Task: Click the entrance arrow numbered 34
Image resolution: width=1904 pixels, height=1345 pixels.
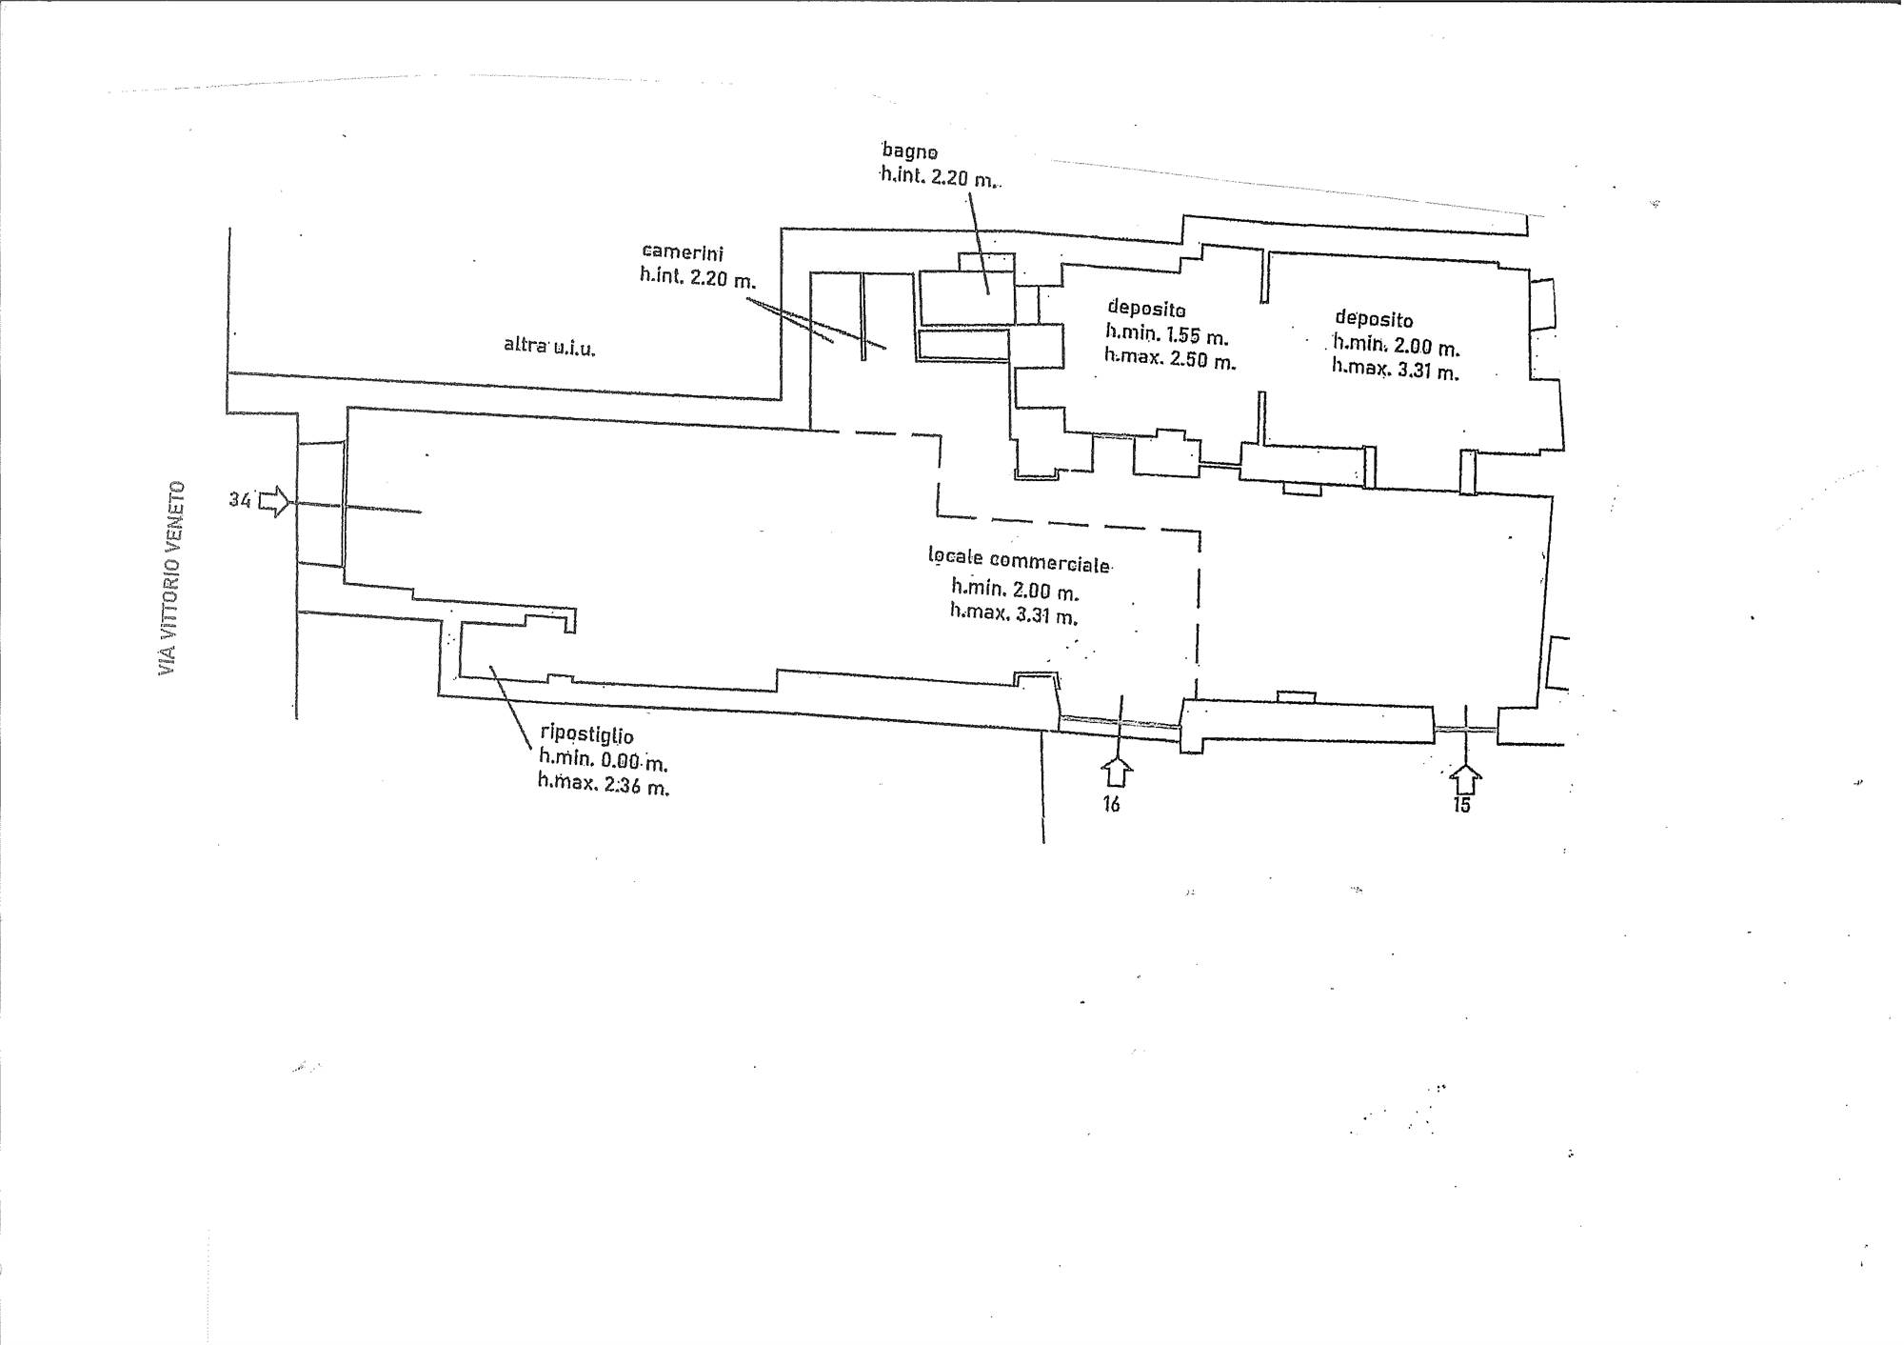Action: click(x=274, y=501)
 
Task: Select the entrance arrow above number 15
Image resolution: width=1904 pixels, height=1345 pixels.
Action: click(x=1466, y=778)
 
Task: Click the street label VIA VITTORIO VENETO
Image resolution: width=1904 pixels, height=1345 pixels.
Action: click(x=171, y=578)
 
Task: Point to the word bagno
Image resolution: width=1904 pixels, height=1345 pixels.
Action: click(x=910, y=151)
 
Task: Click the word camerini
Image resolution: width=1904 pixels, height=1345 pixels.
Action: click(x=683, y=253)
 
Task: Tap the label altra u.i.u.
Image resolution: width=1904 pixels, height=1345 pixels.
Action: click(x=549, y=347)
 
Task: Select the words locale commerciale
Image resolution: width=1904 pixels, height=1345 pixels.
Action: click(x=1019, y=560)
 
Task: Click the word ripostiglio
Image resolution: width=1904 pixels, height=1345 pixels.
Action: click(x=586, y=734)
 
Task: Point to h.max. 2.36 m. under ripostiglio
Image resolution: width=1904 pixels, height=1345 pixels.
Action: click(x=604, y=783)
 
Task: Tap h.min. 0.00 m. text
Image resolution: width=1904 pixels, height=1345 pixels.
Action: click(x=604, y=759)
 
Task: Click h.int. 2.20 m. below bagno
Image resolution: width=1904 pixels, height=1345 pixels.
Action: click(x=940, y=175)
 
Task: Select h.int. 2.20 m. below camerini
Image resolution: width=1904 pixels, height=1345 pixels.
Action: click(x=698, y=278)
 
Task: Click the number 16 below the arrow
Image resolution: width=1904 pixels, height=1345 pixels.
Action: click(x=1111, y=805)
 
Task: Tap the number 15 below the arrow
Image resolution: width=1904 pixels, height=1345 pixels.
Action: click(x=1462, y=805)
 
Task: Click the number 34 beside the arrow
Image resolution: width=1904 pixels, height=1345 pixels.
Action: click(x=239, y=499)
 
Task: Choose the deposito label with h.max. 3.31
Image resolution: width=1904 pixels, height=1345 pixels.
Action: click(x=1374, y=319)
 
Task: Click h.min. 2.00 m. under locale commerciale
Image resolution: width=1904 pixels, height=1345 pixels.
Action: click(x=1015, y=590)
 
